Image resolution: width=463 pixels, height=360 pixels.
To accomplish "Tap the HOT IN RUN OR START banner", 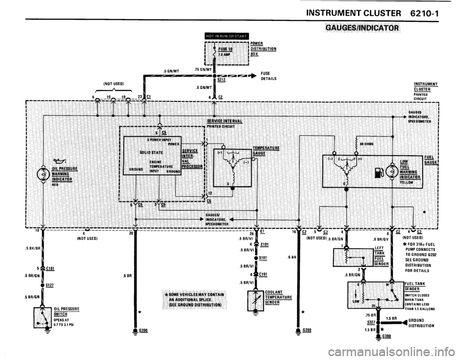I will [226, 35].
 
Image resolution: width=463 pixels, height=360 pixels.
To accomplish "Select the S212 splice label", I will [222, 80].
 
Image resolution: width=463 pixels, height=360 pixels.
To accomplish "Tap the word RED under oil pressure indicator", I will [55, 183].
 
